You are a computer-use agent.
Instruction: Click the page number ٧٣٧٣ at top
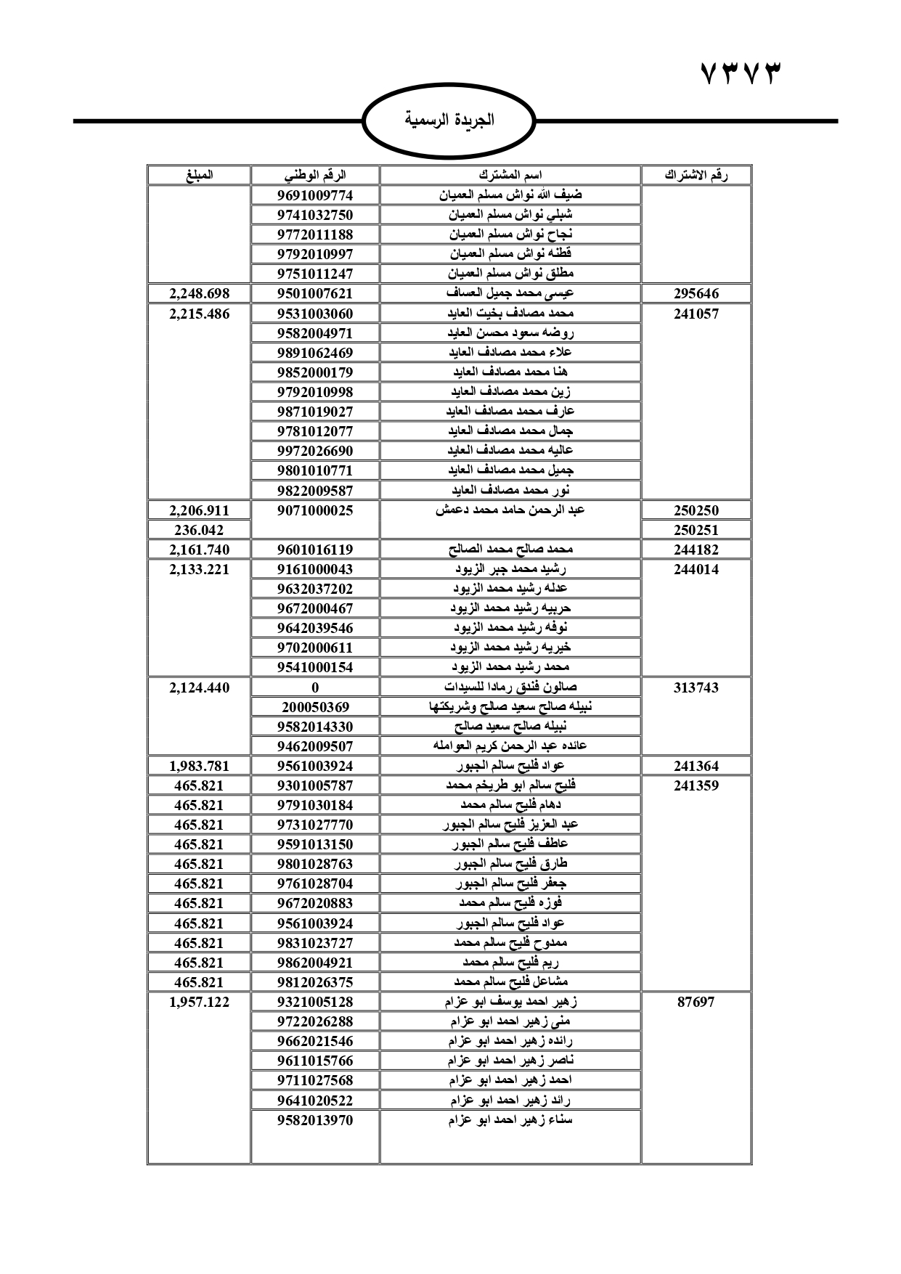tap(742, 74)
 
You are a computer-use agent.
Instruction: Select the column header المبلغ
tap(199, 175)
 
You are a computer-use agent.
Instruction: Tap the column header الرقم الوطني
tap(315, 175)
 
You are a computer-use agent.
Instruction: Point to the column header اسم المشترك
tap(510, 175)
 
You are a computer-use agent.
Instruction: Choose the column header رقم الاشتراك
tap(696, 175)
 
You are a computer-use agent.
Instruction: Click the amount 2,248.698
tap(199, 293)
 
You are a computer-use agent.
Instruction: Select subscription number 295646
tap(696, 293)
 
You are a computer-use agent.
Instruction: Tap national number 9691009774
tap(315, 195)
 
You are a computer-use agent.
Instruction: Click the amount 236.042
tap(199, 530)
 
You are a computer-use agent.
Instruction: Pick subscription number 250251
tap(696, 530)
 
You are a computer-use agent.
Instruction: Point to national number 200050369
tap(315, 707)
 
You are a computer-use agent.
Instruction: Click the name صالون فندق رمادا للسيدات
tap(510, 687)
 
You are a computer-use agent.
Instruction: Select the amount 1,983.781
tap(199, 766)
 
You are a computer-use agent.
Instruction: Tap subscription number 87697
tap(696, 1002)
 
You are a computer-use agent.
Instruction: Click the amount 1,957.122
tap(199, 1002)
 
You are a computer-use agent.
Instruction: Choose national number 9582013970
tap(315, 1120)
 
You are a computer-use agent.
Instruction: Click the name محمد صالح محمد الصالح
tap(510, 550)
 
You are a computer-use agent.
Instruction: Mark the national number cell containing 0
tap(315, 687)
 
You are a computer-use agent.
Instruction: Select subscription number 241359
tap(696, 785)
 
